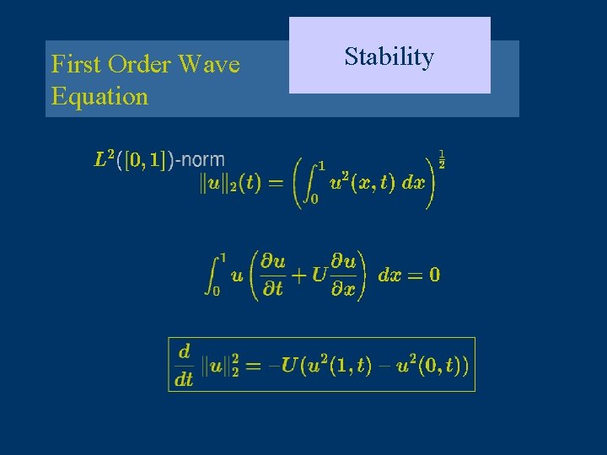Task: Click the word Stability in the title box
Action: pos(389,57)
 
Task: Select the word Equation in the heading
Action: pos(99,96)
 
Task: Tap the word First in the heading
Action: pos(74,65)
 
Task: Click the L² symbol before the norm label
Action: pos(104,158)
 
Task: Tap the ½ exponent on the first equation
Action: pos(441,158)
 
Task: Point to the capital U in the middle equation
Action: pos(319,274)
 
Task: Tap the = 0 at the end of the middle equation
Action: pos(422,275)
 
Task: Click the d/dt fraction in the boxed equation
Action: pos(184,364)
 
